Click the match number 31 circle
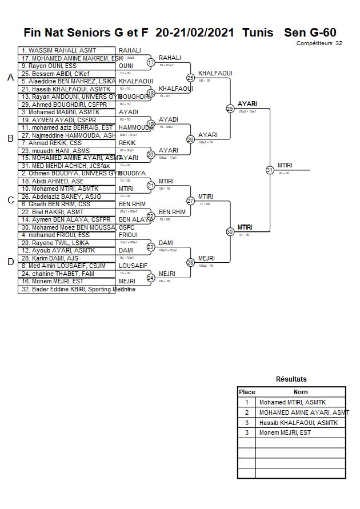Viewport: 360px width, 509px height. click(270, 170)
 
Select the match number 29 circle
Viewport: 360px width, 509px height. click(230, 109)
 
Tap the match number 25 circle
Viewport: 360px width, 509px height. click(190, 78)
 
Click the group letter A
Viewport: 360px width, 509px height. click(10, 78)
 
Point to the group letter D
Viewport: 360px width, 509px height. click(10, 262)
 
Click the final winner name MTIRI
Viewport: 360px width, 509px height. click(285, 165)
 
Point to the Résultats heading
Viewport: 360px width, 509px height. click(291, 379)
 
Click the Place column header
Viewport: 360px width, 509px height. click(247, 392)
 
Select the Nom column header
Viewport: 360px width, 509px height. click(301, 392)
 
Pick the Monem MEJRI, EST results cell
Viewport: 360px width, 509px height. click(285, 432)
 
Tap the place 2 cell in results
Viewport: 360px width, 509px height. click(247, 412)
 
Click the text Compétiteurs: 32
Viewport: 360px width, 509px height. click(319, 43)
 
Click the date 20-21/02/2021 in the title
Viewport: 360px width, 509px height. click(195, 33)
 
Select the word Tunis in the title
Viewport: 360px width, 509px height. click(257, 33)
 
